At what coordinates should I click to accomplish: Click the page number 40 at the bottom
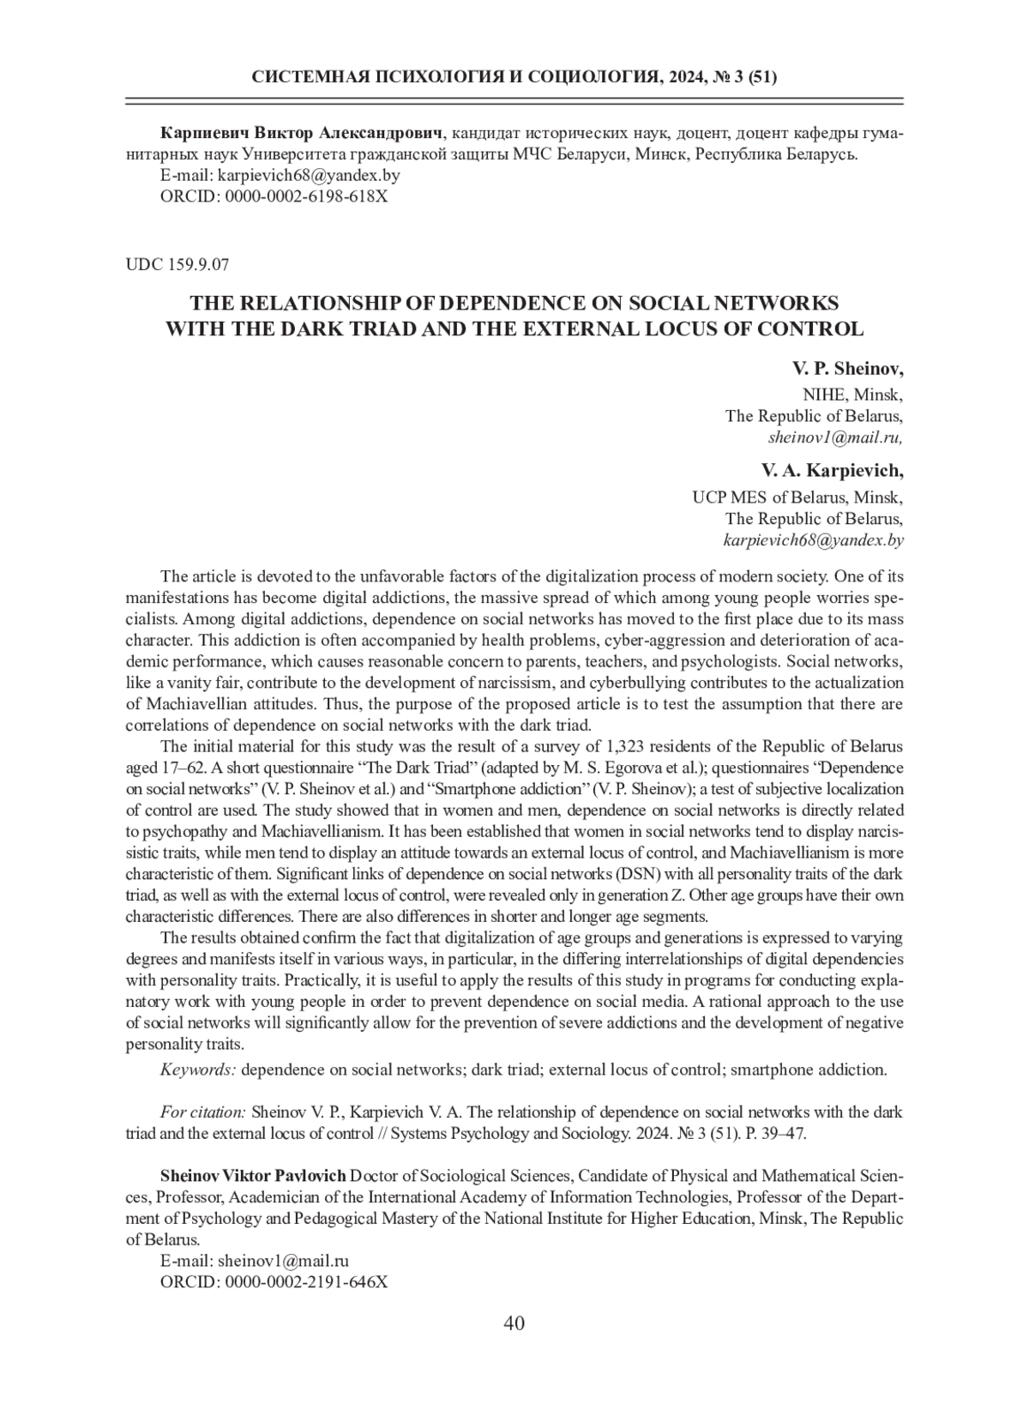(x=514, y=1323)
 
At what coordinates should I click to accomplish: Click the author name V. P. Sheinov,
(x=847, y=369)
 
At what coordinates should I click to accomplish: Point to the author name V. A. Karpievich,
(x=832, y=471)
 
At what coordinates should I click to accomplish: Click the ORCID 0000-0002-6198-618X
(x=306, y=196)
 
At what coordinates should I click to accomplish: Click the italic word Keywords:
(x=198, y=1070)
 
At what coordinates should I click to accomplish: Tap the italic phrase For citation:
(x=203, y=1112)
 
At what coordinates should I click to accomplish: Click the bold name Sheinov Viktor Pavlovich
(x=253, y=1175)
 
